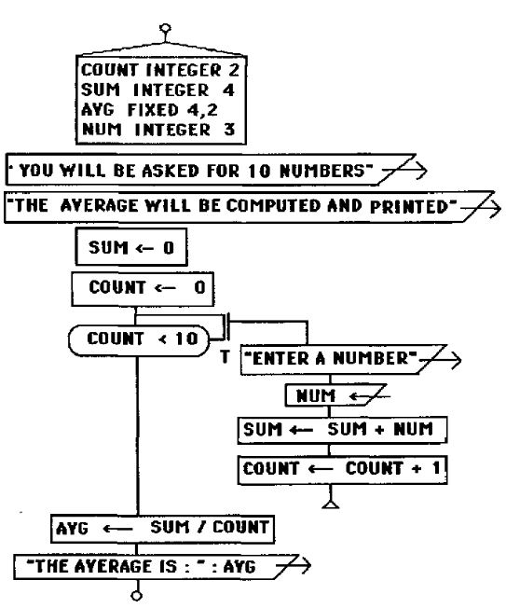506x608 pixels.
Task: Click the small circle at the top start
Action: point(165,28)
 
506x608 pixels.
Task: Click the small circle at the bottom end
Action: point(136,596)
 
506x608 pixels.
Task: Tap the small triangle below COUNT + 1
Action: point(330,504)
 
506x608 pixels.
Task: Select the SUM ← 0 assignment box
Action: point(131,247)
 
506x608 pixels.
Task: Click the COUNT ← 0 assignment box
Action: point(143,289)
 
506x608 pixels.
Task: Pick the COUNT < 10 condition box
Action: point(139,340)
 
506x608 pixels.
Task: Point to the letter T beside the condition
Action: point(225,356)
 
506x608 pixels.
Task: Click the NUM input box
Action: point(335,395)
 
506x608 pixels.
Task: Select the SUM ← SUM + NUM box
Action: point(342,430)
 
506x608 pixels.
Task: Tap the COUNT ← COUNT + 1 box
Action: point(343,470)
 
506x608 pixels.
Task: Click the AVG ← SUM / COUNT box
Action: point(163,529)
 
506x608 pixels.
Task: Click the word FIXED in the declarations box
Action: point(153,110)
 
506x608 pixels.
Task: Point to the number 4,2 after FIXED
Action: point(202,111)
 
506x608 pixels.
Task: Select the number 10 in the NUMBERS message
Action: point(259,171)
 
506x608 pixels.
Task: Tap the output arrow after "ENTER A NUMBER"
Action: point(441,360)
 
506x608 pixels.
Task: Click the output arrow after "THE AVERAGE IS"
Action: point(294,565)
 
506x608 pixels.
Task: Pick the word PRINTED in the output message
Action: point(409,207)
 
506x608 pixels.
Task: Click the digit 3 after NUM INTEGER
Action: point(229,130)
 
